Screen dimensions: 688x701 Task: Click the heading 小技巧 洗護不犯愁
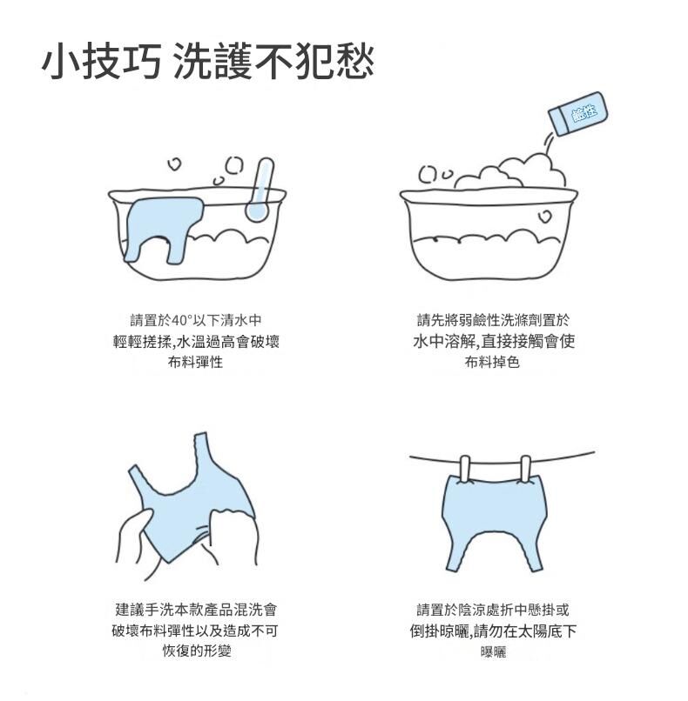[207, 61]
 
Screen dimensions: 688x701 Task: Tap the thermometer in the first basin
[260, 190]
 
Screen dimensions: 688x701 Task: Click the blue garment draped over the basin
[165, 229]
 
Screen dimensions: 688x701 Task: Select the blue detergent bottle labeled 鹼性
[578, 113]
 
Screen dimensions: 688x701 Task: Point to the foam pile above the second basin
[511, 172]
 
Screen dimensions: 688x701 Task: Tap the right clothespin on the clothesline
[525, 469]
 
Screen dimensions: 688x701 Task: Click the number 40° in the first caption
[182, 321]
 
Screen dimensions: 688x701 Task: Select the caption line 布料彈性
[195, 362]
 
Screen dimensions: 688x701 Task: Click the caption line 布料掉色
[492, 362]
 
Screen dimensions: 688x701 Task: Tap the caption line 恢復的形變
[197, 651]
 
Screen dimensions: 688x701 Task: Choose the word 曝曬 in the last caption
[493, 651]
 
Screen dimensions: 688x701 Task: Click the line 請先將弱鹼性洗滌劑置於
[493, 320]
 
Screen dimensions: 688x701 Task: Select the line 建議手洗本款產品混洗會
[197, 610]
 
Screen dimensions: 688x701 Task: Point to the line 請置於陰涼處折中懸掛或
[493, 610]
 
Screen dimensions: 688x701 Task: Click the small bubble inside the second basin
[544, 217]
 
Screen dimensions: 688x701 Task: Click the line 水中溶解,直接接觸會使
[494, 342]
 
